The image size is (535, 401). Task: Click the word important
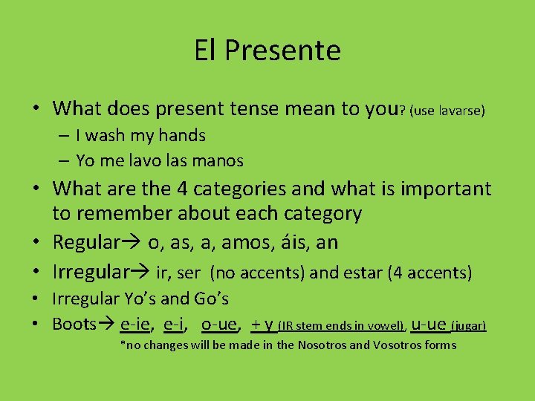click(x=446, y=189)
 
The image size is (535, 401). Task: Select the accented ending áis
click(x=293, y=242)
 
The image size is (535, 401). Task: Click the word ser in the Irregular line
click(x=189, y=273)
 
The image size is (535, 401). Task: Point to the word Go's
click(x=210, y=299)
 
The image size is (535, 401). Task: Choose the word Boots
click(x=74, y=324)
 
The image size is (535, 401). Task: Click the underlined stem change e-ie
click(x=137, y=324)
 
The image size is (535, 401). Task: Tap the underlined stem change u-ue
click(x=429, y=324)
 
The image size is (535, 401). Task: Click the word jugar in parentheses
click(x=470, y=325)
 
